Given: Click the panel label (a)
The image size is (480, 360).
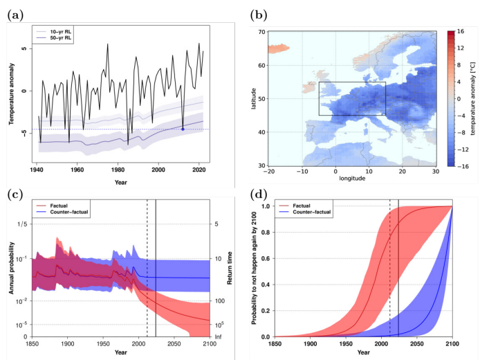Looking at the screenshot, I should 17,12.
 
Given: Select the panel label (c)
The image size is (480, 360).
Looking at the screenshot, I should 17,194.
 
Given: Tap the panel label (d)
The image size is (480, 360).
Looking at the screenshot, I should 259,194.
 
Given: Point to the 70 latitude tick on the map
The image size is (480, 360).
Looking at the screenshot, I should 261,32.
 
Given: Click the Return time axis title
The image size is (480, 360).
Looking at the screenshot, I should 231,270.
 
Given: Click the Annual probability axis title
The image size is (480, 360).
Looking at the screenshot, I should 12,270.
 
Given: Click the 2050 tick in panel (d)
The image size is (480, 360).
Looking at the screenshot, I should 417,343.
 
